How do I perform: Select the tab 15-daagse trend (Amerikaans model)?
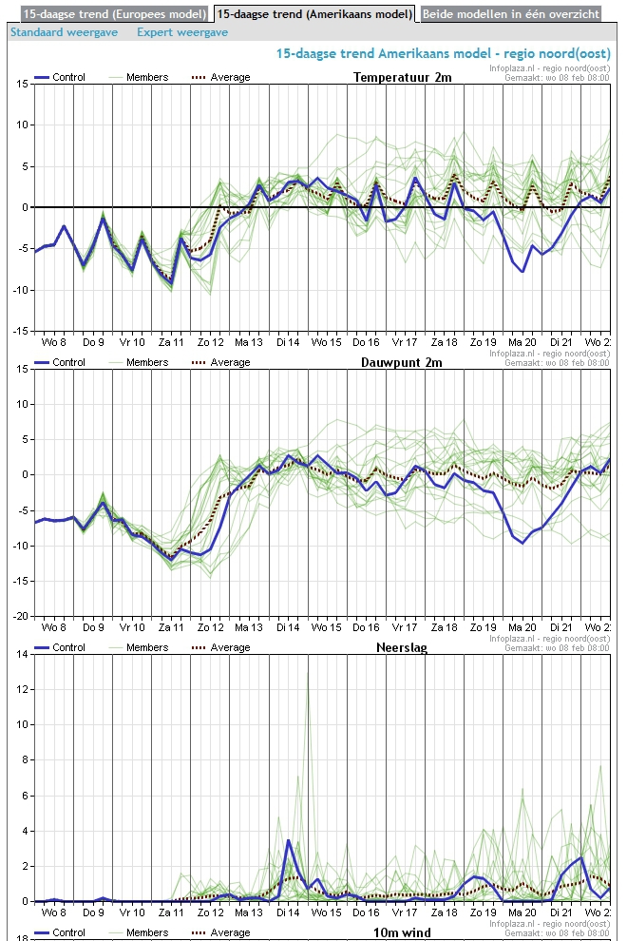tap(314, 14)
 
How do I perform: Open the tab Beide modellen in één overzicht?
tap(510, 14)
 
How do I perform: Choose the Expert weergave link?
tap(182, 32)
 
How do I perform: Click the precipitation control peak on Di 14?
tap(288, 840)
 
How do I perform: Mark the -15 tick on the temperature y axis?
tap(21, 331)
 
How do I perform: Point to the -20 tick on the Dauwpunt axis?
tap(21, 616)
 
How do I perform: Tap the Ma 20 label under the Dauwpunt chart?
tap(522, 627)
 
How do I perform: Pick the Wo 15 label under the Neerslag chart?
tap(327, 912)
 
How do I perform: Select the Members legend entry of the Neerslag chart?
tap(147, 647)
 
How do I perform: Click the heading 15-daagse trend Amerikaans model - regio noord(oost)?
tap(443, 53)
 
